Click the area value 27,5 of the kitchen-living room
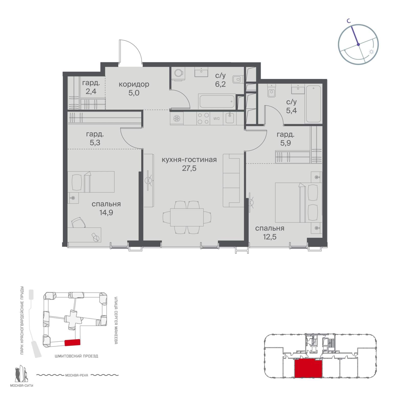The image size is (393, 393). point(189,168)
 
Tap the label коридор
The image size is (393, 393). point(134,84)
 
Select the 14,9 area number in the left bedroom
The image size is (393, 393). point(106,213)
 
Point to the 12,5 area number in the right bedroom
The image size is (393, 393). point(269,237)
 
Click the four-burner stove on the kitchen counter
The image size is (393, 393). point(203,118)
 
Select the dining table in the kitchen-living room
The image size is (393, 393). point(187,217)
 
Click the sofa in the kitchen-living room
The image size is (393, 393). point(231,180)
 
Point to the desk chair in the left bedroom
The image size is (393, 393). point(79,222)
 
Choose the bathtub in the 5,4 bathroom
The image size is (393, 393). point(313,104)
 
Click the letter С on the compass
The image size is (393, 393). point(348,21)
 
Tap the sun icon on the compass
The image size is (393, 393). point(371,52)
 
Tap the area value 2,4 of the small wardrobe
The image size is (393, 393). point(91,91)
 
